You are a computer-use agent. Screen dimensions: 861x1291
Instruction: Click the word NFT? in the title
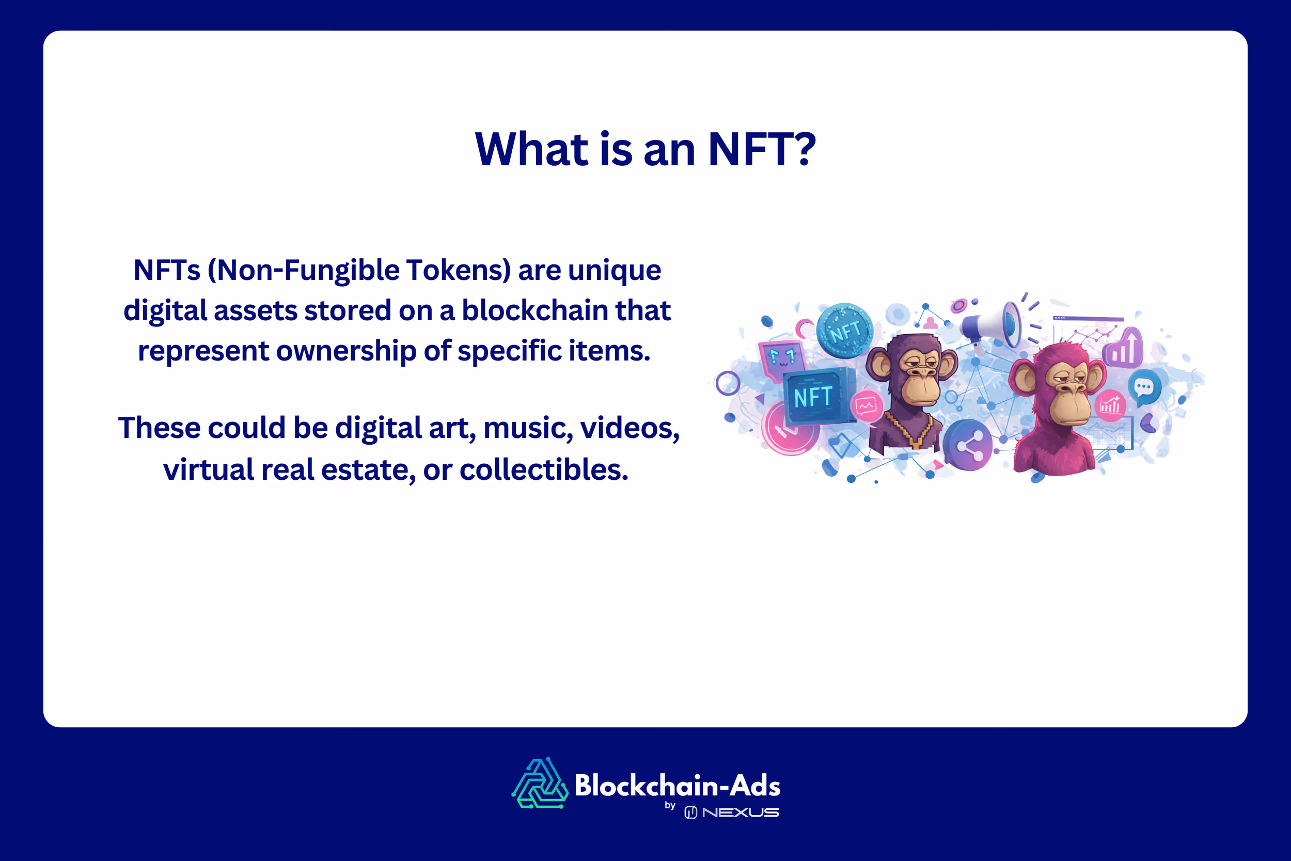tap(761, 150)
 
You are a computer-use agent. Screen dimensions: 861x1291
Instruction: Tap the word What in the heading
tap(531, 150)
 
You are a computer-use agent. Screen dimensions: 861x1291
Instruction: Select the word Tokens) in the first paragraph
tap(458, 270)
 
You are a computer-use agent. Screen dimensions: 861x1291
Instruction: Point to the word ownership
tap(347, 351)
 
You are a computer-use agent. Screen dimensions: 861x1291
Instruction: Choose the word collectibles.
tap(543, 470)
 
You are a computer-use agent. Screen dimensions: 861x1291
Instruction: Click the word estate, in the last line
tap(368, 470)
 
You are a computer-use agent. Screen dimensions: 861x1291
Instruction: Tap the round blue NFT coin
tap(844, 331)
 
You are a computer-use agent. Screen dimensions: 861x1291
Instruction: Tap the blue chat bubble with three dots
tap(1144, 387)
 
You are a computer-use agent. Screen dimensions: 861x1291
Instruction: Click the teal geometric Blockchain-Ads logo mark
tap(540, 784)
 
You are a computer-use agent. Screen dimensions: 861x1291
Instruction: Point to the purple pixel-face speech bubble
tap(782, 359)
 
